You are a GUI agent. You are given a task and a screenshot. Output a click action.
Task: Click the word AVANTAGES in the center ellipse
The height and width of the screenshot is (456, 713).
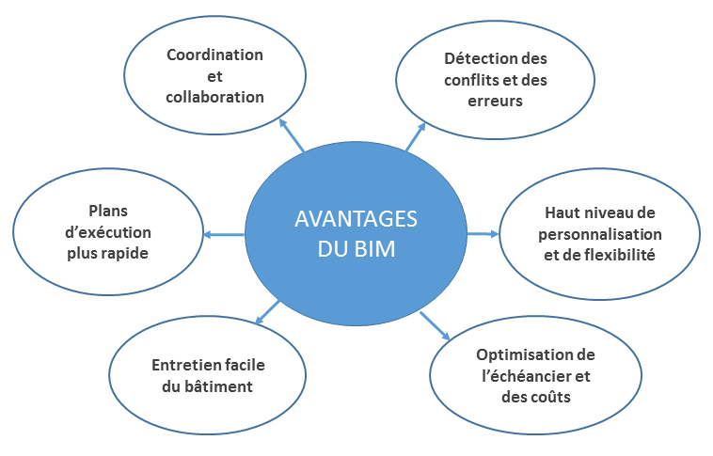356,219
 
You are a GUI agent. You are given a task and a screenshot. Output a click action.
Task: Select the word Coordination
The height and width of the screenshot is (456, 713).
214,55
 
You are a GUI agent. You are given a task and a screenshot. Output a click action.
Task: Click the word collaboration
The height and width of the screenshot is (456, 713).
214,97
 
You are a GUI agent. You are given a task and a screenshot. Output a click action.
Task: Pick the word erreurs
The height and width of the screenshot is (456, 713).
495,100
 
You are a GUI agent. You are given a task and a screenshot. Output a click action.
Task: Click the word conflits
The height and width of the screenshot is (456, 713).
474,79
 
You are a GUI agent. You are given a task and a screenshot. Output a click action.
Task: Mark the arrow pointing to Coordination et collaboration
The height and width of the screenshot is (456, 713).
293,135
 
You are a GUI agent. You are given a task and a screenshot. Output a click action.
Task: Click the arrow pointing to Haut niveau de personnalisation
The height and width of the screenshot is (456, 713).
481,233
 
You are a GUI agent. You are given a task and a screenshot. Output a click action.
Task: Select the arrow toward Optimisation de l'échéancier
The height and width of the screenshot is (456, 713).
435,324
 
